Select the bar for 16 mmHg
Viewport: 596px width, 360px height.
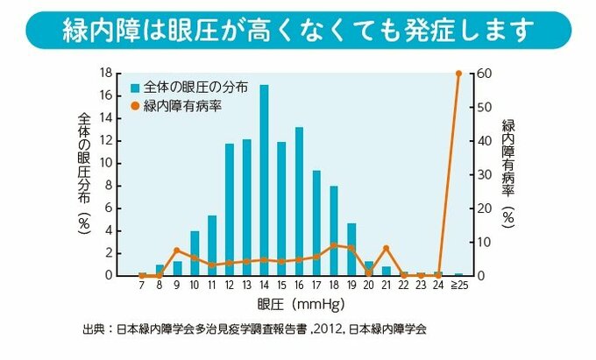click(299, 201)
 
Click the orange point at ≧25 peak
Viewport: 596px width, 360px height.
click(458, 73)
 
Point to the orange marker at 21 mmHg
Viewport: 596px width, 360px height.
click(386, 249)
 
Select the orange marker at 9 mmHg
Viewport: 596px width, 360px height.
click(177, 251)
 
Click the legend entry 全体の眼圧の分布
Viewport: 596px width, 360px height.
click(188, 88)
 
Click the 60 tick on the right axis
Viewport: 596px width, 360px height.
click(480, 73)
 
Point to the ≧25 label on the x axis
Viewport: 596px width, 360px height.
click(458, 286)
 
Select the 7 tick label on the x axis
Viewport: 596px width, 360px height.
click(142, 286)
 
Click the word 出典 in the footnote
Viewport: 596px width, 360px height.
click(92, 331)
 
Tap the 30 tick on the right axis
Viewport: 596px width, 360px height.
click(480, 174)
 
